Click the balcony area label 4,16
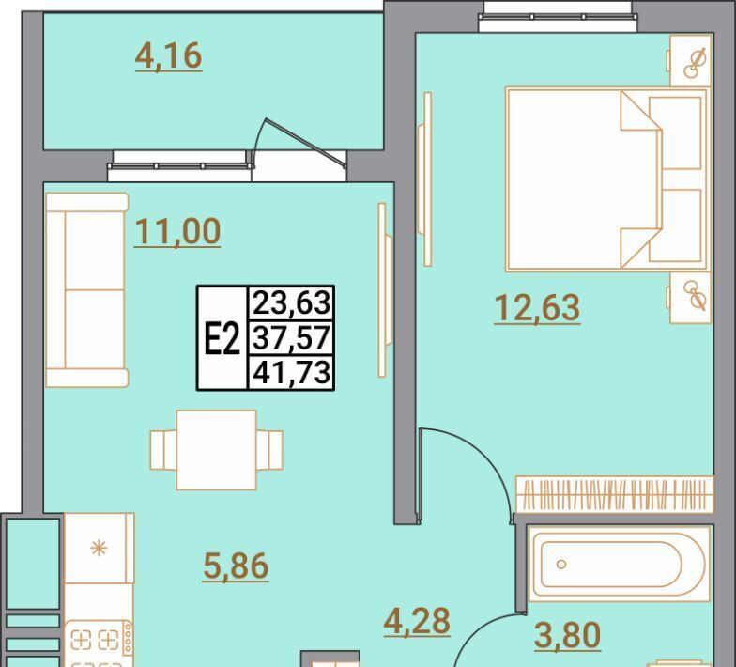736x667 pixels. pos(169,56)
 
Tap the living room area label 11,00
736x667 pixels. pos(177,232)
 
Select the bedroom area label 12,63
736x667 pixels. pos(537,308)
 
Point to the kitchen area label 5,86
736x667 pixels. pos(237,566)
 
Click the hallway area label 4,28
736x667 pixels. pos(417,621)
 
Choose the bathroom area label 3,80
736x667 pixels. pos(567,635)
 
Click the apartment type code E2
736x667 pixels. pos(222,339)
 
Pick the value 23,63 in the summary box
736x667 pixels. pos(291,302)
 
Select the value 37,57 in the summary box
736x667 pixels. pos(291,338)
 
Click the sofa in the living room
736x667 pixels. pos(86,289)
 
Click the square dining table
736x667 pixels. pos(216,450)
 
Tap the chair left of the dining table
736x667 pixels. pos(163,450)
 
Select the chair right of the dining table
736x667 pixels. pos(269,450)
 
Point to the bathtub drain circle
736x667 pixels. pos(561,564)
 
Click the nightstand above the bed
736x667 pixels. pos(690,61)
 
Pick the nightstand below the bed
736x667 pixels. pos(690,298)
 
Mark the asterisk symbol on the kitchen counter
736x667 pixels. pos(99,548)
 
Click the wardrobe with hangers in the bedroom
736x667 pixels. pos(614,494)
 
